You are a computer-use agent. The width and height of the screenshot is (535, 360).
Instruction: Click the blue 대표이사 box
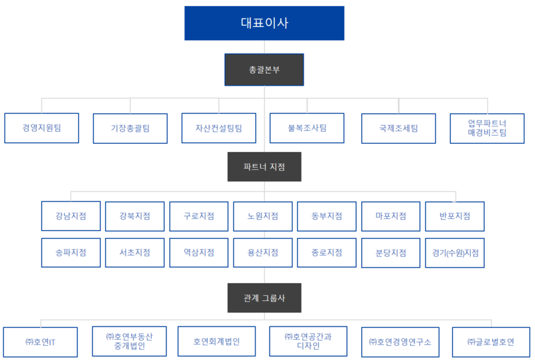(x=264, y=23)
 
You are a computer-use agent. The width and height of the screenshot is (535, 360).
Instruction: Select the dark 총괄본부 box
(x=264, y=70)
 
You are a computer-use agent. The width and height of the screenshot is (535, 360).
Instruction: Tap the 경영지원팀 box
(x=41, y=128)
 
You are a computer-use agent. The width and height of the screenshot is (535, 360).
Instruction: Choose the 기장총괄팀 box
(x=130, y=128)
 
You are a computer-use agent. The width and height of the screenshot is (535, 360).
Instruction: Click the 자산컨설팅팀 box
(x=219, y=128)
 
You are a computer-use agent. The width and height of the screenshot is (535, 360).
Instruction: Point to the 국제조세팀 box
(x=399, y=128)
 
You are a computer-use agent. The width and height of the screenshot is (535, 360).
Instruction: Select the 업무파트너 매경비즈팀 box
(x=488, y=128)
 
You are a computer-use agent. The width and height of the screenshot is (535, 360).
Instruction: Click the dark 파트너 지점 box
(x=264, y=167)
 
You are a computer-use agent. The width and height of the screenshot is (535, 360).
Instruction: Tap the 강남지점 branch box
(x=71, y=216)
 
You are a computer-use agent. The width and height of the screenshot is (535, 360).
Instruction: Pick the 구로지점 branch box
(x=199, y=216)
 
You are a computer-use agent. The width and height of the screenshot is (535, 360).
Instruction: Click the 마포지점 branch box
(x=391, y=216)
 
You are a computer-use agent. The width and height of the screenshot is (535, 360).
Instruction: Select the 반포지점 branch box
(x=455, y=216)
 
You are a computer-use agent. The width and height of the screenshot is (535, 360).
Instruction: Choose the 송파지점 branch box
(x=71, y=253)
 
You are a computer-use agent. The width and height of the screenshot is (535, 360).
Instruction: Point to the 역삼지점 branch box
(x=199, y=253)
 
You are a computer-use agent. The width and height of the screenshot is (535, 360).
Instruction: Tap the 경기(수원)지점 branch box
(x=455, y=253)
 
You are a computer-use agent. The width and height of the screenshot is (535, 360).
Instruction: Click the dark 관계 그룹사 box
(x=264, y=298)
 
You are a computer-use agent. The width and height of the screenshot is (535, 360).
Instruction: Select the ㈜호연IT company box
(x=40, y=342)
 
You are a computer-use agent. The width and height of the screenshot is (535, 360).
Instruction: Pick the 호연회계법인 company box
(x=217, y=341)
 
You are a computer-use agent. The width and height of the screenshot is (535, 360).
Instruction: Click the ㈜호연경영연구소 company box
(x=400, y=342)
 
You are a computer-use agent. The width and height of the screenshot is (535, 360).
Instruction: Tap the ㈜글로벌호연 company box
(x=491, y=342)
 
